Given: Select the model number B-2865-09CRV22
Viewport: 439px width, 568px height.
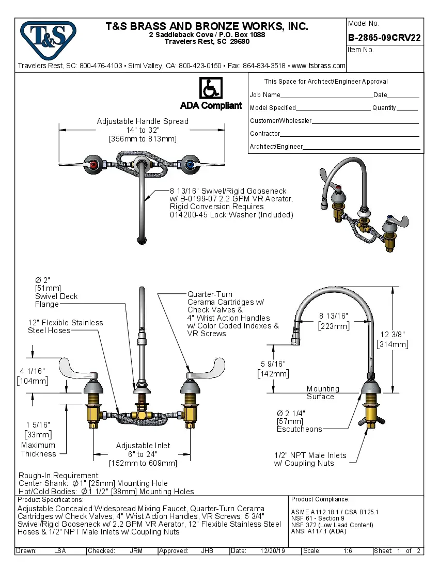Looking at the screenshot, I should pyautogui.click(x=384, y=38).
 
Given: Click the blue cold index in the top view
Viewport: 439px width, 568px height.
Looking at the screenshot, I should pyautogui.click(x=190, y=165).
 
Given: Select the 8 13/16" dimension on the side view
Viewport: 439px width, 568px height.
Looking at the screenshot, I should pyautogui.click(x=334, y=316).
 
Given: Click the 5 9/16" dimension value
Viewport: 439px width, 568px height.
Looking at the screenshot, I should pyautogui.click(x=273, y=364).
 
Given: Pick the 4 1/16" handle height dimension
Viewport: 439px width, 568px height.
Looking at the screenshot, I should pyautogui.click(x=32, y=371).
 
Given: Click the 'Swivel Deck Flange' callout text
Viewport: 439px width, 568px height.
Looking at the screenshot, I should pyautogui.click(x=56, y=300).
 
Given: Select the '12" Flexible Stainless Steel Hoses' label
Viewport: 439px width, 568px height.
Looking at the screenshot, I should pyautogui.click(x=65, y=326).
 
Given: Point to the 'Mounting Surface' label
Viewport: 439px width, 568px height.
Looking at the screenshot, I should pyautogui.click(x=323, y=392).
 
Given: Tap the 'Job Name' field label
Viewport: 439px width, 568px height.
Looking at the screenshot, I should pyautogui.click(x=265, y=95).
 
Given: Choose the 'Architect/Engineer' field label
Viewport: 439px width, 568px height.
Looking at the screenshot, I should pyautogui.click(x=276, y=147).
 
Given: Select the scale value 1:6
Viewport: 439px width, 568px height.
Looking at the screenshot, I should pyautogui.click(x=348, y=551).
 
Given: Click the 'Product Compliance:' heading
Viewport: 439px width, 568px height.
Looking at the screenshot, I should pyautogui.click(x=320, y=499).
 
